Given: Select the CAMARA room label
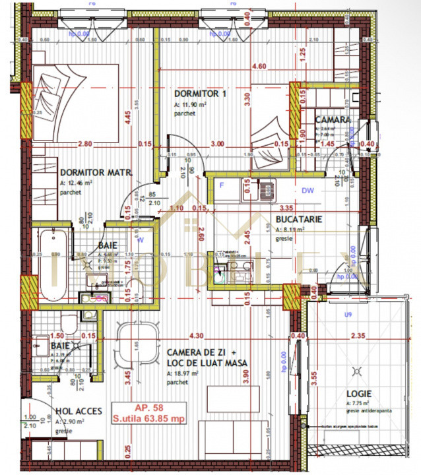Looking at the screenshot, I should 332,119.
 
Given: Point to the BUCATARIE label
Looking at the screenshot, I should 298,219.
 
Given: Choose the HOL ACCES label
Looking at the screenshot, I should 79,411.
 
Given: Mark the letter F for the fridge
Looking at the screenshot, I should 222,185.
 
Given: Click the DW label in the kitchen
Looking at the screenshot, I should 307,191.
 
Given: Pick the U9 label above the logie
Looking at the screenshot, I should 348,315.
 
